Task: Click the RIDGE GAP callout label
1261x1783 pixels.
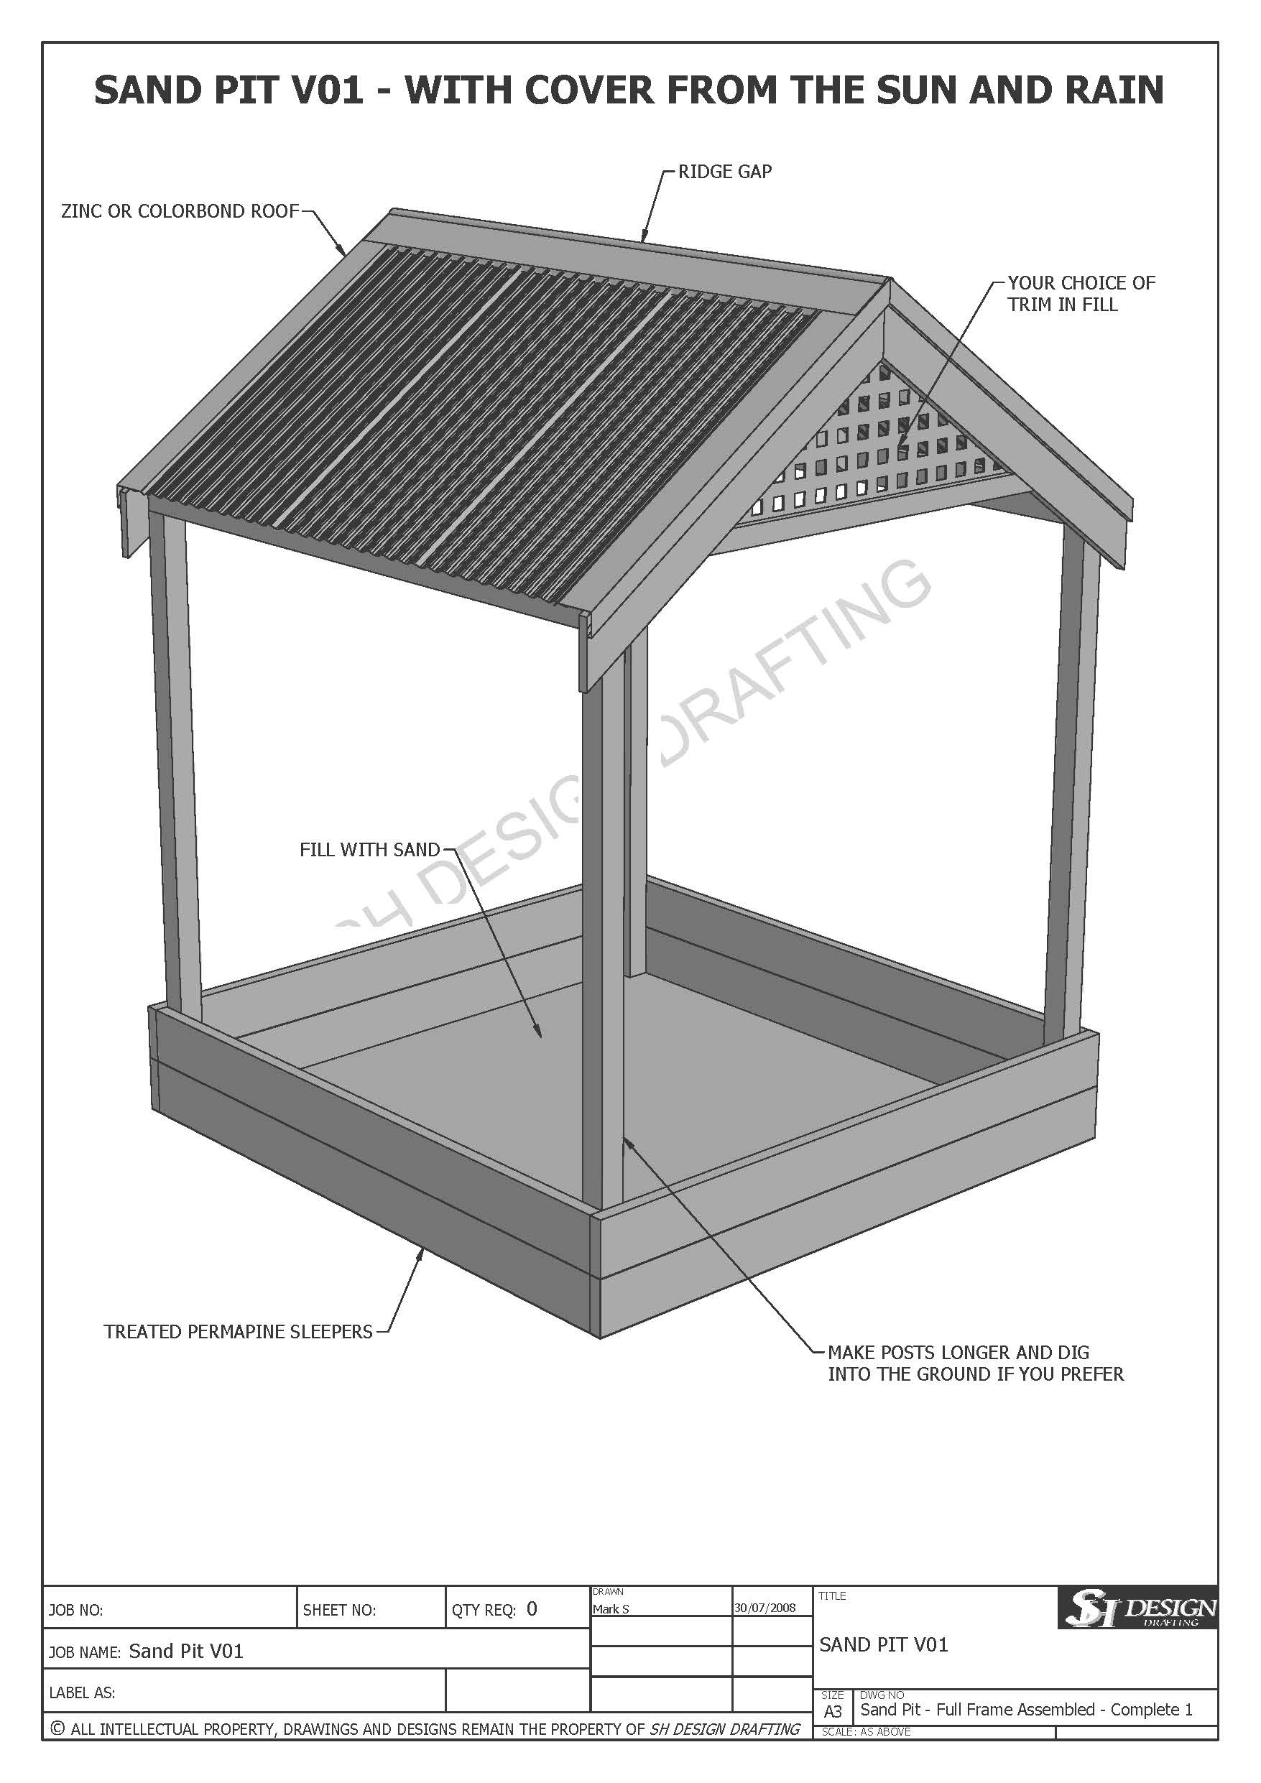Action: (x=724, y=172)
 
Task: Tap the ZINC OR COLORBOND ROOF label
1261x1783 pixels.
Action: (x=180, y=211)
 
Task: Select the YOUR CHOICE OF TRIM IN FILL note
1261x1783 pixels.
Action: (x=1081, y=294)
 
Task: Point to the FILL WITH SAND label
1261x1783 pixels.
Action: (x=370, y=850)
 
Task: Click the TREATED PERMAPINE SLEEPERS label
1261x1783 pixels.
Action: (x=238, y=1332)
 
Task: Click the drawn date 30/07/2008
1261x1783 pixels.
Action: (x=765, y=1608)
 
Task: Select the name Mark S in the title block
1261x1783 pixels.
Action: (x=611, y=1609)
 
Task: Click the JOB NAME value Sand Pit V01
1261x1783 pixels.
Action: (x=185, y=1651)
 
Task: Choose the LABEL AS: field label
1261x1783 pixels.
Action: (x=83, y=1693)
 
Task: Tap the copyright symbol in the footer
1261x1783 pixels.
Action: (x=57, y=1728)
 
